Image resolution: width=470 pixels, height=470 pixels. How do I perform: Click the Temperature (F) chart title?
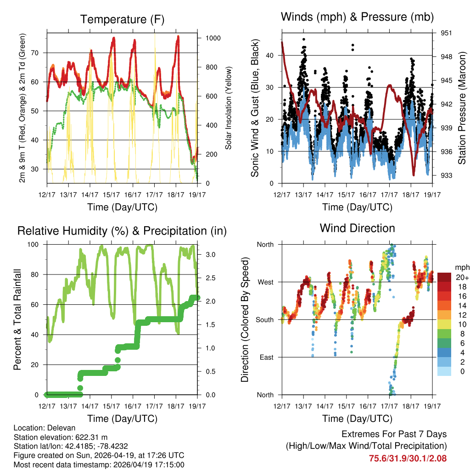click(x=122, y=19)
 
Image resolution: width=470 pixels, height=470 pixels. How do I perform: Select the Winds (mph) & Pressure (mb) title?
click(x=358, y=17)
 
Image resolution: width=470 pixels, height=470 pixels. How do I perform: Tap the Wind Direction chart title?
click(x=357, y=228)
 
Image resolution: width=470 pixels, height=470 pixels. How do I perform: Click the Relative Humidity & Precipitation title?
click(x=122, y=231)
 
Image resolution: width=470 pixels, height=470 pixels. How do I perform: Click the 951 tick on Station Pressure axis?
click(x=446, y=33)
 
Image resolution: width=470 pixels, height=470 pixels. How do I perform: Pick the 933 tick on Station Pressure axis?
click(x=446, y=175)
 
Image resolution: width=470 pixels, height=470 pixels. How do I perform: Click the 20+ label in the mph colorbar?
click(x=462, y=277)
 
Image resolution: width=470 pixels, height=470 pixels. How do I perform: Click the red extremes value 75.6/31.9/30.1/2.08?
click(x=408, y=458)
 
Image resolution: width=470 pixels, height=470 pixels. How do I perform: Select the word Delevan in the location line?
click(x=57, y=428)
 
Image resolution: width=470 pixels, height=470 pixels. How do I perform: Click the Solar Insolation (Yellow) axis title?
click(x=228, y=108)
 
